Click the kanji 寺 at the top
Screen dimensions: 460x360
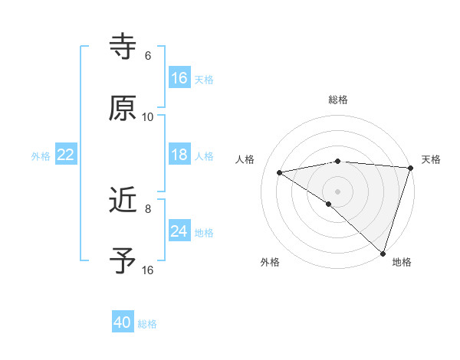point(123,47)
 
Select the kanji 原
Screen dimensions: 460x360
point(123,109)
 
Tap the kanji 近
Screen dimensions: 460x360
point(123,201)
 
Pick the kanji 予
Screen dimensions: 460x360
point(123,261)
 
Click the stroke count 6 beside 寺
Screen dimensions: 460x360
point(148,56)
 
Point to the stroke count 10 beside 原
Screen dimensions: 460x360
point(148,117)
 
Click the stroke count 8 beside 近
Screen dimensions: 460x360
point(148,208)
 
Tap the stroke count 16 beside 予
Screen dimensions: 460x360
point(148,270)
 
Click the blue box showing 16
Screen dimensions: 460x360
point(179,78)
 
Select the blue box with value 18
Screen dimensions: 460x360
point(179,155)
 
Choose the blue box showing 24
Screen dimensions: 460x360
point(179,231)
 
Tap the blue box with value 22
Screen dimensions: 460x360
point(66,155)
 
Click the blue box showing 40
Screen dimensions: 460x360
point(123,322)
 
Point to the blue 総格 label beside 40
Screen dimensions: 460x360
point(148,324)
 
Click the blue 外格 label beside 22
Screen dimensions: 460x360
point(41,156)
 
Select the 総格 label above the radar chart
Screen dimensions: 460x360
point(337,100)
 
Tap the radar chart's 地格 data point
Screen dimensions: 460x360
point(383,253)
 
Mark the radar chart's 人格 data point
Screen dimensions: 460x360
point(280,172)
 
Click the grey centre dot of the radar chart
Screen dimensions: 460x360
point(337,191)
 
